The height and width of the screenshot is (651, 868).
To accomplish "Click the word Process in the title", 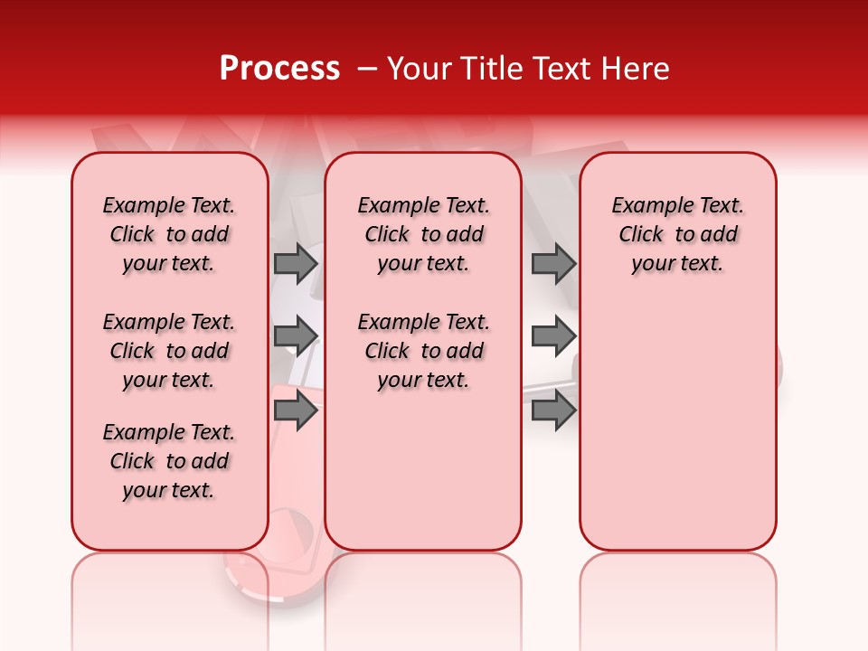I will (x=279, y=69).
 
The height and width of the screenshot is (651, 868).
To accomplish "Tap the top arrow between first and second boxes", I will (x=295, y=264).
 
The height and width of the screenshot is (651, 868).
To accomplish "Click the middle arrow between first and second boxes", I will (x=295, y=336).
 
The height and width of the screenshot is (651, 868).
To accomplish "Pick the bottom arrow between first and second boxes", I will (x=295, y=411).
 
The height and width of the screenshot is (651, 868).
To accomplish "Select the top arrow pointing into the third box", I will (x=553, y=264).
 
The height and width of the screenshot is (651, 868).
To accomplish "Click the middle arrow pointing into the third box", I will (x=553, y=336).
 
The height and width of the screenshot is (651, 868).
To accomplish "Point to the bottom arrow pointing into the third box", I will (x=553, y=411).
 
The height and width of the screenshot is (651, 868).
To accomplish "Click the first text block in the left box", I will (x=169, y=234).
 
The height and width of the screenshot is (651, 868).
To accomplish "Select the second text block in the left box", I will (x=169, y=351).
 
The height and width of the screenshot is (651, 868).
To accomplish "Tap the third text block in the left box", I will (x=169, y=461).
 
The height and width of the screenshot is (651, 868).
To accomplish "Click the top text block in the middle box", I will (x=423, y=234).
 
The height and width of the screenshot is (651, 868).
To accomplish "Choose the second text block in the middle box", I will (x=423, y=351).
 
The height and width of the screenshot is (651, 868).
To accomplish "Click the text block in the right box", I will (x=677, y=234).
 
